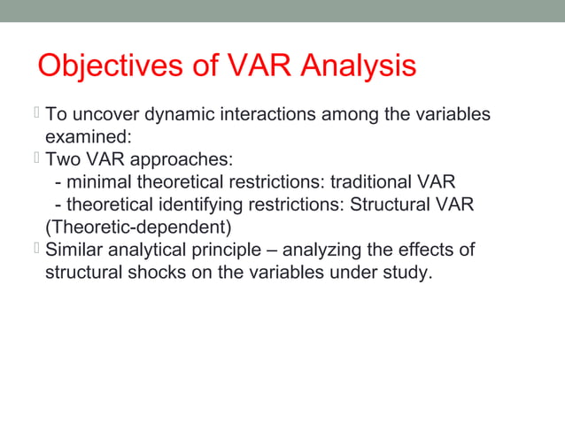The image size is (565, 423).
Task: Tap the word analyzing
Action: click(x=346, y=250)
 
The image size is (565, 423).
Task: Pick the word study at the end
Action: click(x=412, y=273)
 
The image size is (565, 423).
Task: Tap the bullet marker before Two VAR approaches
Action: click(x=37, y=159)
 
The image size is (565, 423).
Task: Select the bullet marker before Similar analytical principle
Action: click(x=37, y=250)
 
